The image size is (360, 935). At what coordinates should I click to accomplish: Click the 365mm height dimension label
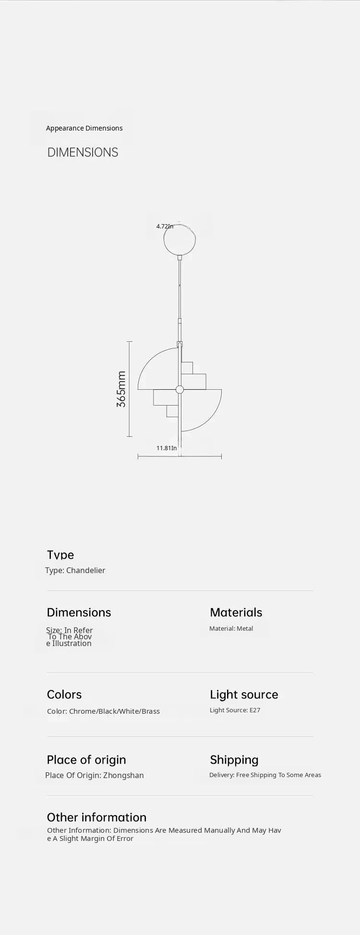[121, 389]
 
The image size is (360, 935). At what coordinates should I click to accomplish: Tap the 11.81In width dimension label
[167, 448]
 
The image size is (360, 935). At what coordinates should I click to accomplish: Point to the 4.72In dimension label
[165, 226]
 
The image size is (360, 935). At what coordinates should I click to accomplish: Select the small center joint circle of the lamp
[180, 389]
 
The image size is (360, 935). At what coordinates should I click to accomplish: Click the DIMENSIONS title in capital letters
[83, 152]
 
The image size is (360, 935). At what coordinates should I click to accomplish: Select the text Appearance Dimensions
[84, 128]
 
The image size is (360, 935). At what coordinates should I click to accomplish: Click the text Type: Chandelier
[75, 570]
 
